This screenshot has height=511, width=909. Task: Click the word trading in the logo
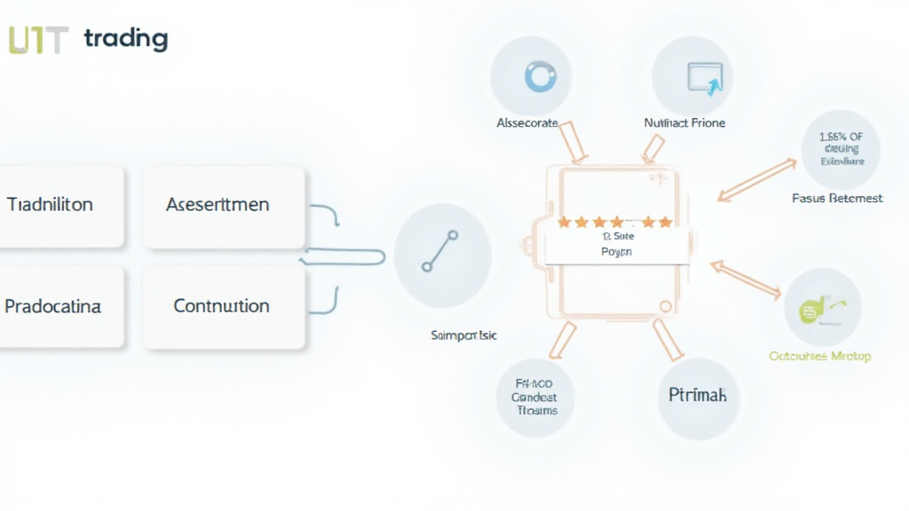[x=125, y=38]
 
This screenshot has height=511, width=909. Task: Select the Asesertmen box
[x=218, y=205]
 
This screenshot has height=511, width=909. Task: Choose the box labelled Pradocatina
[x=53, y=306]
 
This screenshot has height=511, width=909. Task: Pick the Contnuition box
[x=221, y=306]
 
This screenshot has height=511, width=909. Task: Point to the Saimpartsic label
[x=463, y=336]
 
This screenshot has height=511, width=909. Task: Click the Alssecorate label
[x=527, y=123]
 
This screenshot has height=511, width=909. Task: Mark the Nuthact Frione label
[x=684, y=123]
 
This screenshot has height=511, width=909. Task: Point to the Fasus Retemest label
[x=837, y=199]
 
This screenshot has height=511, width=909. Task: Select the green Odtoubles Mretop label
[x=819, y=357]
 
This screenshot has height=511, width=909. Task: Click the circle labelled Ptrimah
[x=697, y=395]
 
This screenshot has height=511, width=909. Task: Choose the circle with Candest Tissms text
[x=534, y=398]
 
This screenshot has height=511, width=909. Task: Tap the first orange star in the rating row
[x=563, y=221]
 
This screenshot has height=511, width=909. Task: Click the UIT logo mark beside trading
[x=38, y=39]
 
